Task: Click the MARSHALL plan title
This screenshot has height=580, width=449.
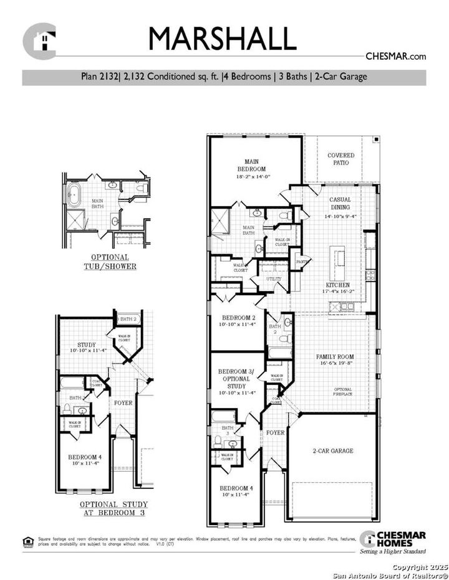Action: coord(221,39)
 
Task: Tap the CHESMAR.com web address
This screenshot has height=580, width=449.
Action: coord(395,56)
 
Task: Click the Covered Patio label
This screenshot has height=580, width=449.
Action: coord(340,159)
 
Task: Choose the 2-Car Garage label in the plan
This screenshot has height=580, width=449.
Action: coord(333,450)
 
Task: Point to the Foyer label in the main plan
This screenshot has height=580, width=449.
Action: coord(275,432)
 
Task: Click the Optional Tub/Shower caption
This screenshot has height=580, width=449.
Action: coord(110,262)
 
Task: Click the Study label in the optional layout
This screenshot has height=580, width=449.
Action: coord(86,348)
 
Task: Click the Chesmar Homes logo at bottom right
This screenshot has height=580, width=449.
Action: coord(393,542)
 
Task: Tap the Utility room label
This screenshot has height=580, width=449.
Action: coord(274,279)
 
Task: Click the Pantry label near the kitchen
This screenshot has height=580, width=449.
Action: coord(302,262)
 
